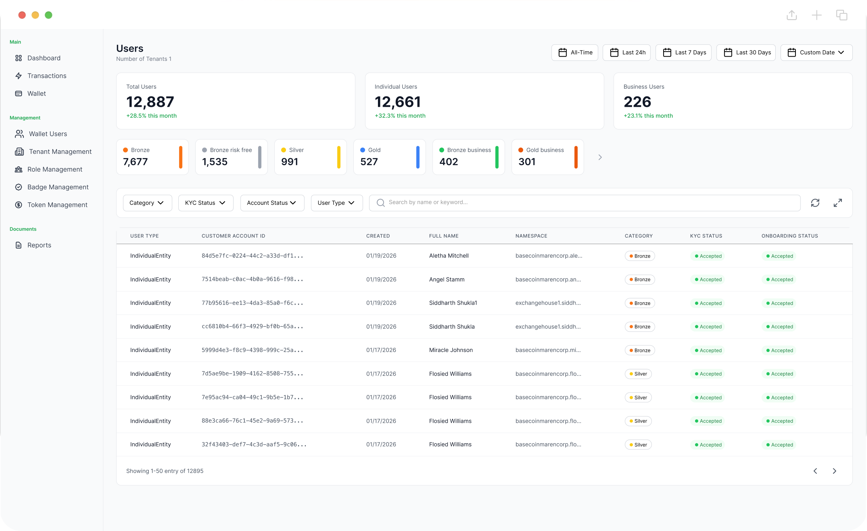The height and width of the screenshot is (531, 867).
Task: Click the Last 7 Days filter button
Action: pos(683,53)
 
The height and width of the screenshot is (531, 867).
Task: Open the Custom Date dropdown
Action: pos(816,53)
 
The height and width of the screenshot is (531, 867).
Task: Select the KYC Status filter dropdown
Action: pos(205,203)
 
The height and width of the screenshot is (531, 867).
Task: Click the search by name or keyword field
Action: pos(584,203)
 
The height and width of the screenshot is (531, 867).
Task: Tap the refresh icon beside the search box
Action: pos(815,203)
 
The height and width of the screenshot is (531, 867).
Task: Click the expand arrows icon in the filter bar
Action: pos(838,203)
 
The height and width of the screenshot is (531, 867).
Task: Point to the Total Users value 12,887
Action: pos(150,102)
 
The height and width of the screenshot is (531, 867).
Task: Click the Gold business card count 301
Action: pos(527,162)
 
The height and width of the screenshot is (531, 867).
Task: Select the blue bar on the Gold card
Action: pos(418,157)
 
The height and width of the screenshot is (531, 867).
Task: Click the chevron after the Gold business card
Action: pos(600,157)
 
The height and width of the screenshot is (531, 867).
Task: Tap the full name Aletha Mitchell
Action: pos(448,256)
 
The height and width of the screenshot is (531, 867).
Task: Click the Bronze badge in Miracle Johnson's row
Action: pos(639,350)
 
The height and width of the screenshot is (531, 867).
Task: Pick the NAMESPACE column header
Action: pos(531,236)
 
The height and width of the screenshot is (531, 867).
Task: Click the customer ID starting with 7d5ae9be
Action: pos(252,374)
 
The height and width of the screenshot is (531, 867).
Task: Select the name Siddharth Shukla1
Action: pos(453,303)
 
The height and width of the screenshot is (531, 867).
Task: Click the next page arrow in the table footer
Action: pos(834,471)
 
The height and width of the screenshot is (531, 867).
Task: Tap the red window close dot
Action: pos(22,15)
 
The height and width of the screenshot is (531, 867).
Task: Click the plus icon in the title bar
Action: pos(816,15)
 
